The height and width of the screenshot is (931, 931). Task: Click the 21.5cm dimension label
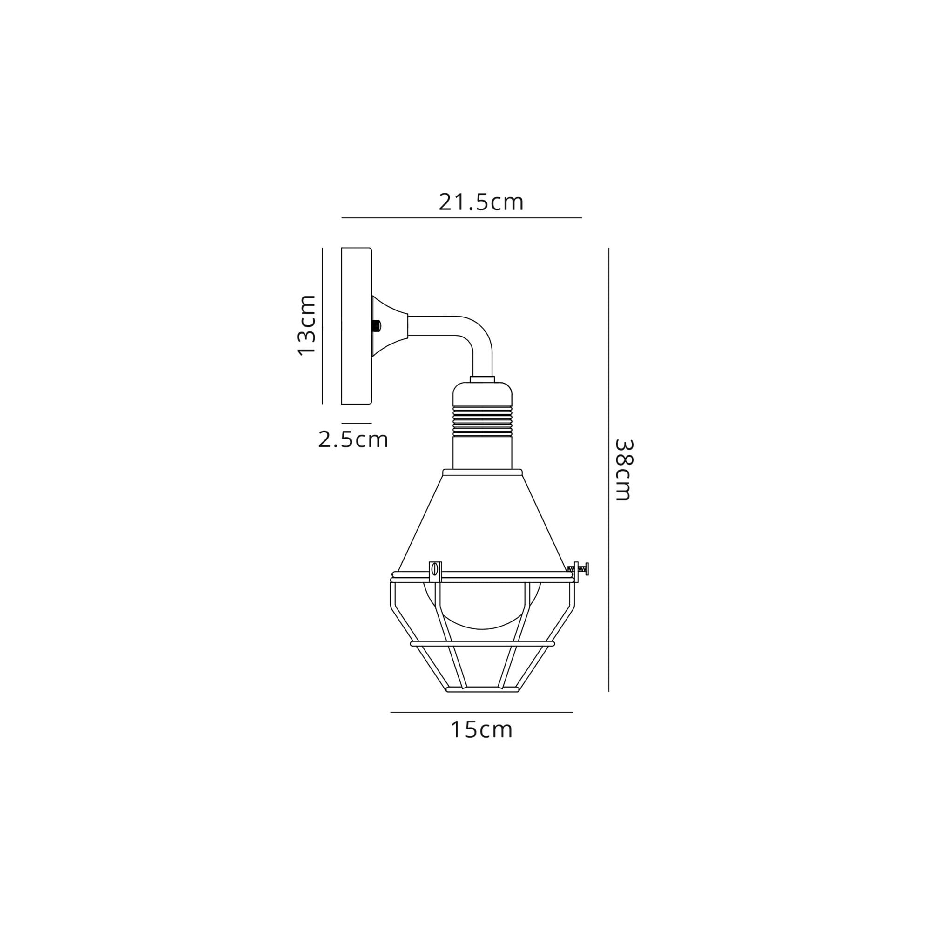[x=480, y=202]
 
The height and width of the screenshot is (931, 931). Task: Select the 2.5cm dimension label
[x=353, y=439]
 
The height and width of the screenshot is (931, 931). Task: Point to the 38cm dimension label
[x=624, y=470]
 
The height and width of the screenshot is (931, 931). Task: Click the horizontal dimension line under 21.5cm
[x=461, y=218]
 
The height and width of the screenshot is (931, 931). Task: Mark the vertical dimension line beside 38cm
[x=608, y=470]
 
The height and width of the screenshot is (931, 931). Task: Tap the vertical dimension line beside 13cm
[x=323, y=326]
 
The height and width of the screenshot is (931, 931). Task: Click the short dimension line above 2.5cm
[x=356, y=423]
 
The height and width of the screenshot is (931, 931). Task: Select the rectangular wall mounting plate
[x=356, y=326]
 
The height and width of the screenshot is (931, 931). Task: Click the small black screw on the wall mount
[x=376, y=326]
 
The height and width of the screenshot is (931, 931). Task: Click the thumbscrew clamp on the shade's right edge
[x=579, y=569]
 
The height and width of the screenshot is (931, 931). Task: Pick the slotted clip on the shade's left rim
[x=435, y=572]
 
